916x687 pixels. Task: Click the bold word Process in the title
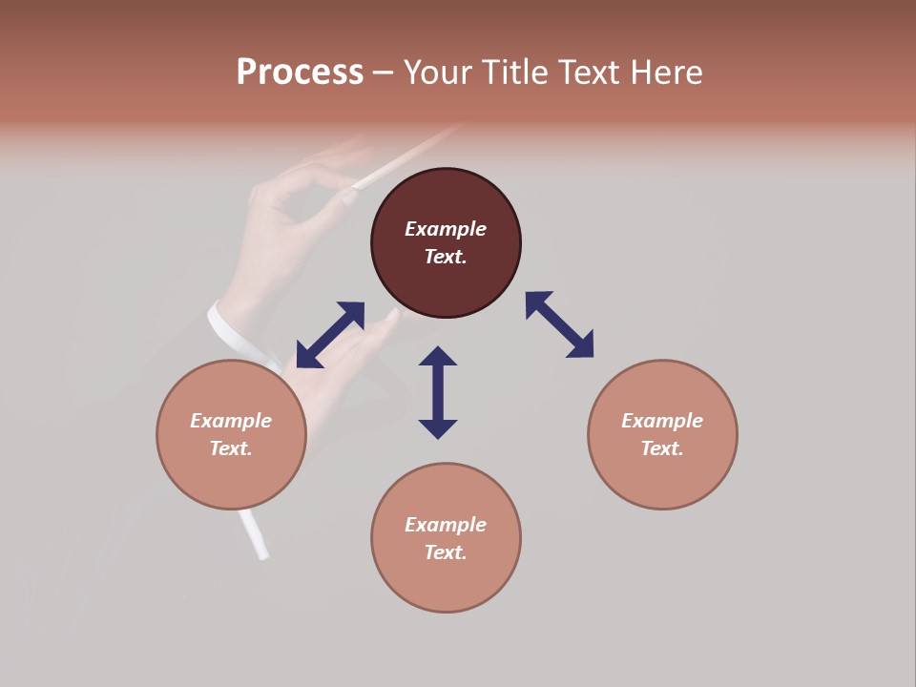[300, 73]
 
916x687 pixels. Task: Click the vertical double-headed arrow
[438, 392]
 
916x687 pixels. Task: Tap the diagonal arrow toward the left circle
[330, 335]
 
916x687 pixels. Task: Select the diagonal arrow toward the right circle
[559, 324]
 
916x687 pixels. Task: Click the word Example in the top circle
[446, 229]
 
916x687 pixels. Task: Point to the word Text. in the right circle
[662, 448]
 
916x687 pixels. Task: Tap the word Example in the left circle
[231, 421]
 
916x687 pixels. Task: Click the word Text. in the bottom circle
[446, 552]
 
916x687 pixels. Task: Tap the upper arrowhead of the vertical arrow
[438, 357]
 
